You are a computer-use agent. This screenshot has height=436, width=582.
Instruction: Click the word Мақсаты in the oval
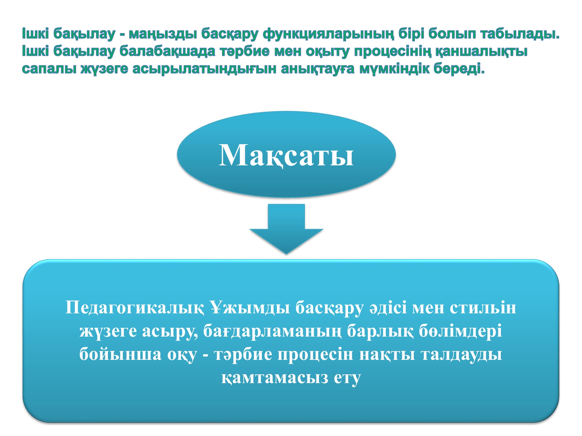click(x=286, y=156)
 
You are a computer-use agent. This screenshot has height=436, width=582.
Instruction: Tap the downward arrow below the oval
click(x=286, y=229)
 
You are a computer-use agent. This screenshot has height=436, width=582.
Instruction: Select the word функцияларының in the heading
click(x=329, y=34)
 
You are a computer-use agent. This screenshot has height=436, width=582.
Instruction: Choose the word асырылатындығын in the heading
click(x=204, y=69)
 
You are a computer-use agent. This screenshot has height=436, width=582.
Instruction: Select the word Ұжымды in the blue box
click(x=250, y=308)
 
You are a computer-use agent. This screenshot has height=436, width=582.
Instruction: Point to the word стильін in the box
click(x=483, y=308)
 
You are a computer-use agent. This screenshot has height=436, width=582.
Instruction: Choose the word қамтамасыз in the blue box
click(x=275, y=378)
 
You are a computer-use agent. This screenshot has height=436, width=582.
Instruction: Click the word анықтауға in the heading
click(x=318, y=69)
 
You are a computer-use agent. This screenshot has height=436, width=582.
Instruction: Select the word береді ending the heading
click(x=459, y=69)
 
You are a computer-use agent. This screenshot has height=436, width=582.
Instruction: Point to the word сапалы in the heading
click(x=49, y=69)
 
